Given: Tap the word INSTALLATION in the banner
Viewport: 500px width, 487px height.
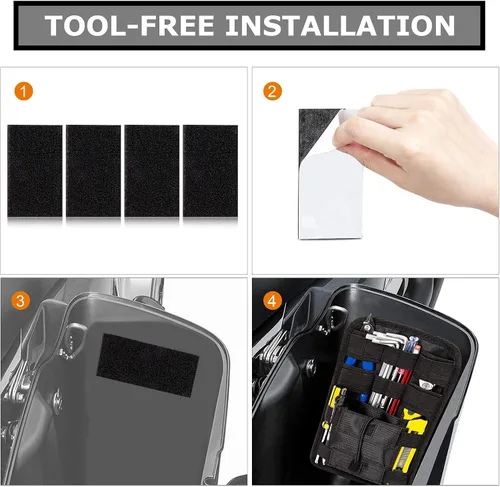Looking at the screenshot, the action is [340, 26].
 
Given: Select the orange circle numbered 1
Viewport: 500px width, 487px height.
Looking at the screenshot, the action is [24, 91].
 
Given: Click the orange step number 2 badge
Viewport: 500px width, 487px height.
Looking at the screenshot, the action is [273, 91].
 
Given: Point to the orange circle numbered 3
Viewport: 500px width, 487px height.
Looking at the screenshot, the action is [21, 301].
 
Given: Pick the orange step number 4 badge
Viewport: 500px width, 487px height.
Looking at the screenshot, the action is [273, 301].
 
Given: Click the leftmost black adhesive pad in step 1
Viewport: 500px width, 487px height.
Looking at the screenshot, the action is [35, 171].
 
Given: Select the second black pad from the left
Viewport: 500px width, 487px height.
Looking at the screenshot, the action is [93, 171].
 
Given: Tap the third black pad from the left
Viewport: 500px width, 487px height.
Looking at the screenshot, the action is [152, 171].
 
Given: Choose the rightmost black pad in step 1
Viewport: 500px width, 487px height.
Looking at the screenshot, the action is [210, 171].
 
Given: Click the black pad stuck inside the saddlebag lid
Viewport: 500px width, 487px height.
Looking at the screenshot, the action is [147, 365].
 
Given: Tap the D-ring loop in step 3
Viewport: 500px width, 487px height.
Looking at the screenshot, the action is [76, 337].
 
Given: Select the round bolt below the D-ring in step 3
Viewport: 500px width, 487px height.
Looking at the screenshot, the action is [58, 402].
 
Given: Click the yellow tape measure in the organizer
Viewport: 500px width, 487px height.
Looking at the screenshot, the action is [416, 423].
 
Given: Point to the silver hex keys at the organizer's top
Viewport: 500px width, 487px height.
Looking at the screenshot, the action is [388, 337].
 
